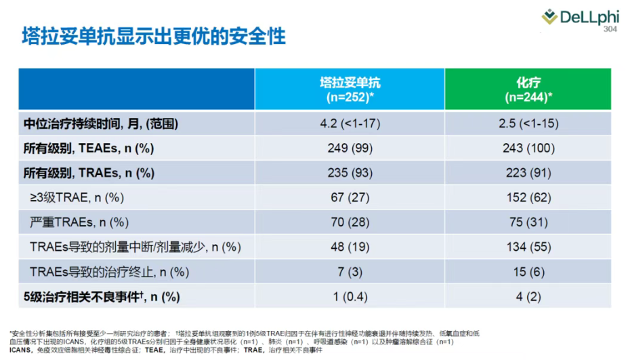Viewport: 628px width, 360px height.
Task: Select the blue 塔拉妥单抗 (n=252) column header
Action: coord(350,89)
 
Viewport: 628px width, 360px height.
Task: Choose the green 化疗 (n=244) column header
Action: coord(528,89)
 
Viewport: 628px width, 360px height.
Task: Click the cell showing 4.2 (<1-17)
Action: coord(350,123)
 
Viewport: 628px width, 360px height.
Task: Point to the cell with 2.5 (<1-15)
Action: coord(528,123)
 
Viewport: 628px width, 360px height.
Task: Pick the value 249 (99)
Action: coord(350,148)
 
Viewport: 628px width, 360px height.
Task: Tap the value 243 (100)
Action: coord(528,148)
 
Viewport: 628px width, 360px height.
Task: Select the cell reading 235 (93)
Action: coord(350,172)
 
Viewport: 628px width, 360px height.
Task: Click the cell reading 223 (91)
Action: coord(528,172)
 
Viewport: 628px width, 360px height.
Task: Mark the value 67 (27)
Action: coord(350,197)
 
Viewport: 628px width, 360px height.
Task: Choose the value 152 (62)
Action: coord(528,197)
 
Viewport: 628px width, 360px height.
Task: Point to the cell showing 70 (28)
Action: coord(350,222)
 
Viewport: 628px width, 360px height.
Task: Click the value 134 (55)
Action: coord(528,247)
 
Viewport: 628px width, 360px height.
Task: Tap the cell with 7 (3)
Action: coord(350,271)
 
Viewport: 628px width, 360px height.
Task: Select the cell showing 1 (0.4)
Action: coord(350,296)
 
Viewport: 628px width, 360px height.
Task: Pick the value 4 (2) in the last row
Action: coord(528,296)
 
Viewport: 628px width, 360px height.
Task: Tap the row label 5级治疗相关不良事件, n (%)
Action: coord(102,296)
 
